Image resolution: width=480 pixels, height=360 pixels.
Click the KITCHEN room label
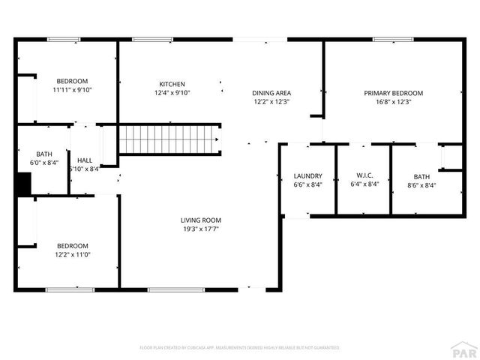coord(172,84)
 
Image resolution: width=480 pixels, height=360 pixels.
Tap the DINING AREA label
coord(271,93)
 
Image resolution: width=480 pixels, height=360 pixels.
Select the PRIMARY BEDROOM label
coord(393,93)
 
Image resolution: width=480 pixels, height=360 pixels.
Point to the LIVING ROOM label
coord(200,220)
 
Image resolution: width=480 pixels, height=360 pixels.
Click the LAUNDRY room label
coord(307,176)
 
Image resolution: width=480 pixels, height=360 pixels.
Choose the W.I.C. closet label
coord(364,176)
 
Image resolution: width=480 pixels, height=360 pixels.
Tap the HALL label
coord(85,160)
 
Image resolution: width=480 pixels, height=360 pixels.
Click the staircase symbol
coord(168,139)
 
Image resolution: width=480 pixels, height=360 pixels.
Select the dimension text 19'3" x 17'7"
coord(200,229)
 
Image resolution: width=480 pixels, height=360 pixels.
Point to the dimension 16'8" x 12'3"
coord(393,102)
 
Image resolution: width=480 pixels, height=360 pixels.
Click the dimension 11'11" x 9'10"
coord(73,89)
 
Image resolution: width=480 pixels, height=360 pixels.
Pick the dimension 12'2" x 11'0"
coord(73,254)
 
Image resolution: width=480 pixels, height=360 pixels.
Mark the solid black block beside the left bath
coord(23,184)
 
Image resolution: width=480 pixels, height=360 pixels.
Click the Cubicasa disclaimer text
coord(240,347)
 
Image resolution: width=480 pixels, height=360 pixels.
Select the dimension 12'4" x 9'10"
coord(172,93)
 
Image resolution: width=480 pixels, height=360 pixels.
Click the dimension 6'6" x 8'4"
coord(307,184)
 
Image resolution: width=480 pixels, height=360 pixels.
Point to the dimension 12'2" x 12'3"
coord(271,102)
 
